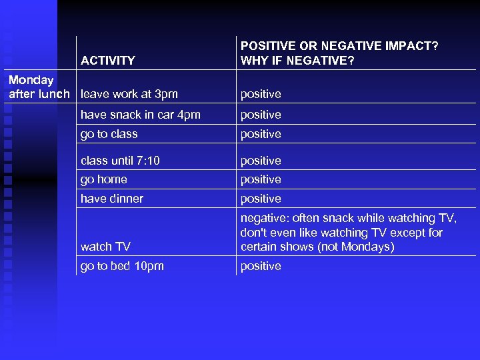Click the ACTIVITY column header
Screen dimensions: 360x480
pyautogui.click(x=107, y=61)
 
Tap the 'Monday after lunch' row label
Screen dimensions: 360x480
pyautogui.click(x=39, y=87)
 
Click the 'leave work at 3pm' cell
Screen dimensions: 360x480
pyautogui.click(x=129, y=94)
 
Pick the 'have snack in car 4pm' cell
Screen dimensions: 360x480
pyautogui.click(x=140, y=115)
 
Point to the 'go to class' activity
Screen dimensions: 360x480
pyautogui.click(x=109, y=134)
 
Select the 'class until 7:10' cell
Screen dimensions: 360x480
pyautogui.click(x=120, y=161)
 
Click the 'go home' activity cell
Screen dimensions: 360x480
pyautogui.click(x=103, y=179)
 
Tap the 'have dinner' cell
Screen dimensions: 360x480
pyautogui.click(x=111, y=199)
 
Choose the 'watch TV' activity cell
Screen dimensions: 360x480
pyautogui.click(x=105, y=247)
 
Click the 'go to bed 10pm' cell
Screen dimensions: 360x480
pyautogui.click(x=122, y=266)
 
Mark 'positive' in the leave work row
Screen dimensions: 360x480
pyautogui.click(x=261, y=94)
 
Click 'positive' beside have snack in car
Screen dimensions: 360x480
pyautogui.click(x=261, y=115)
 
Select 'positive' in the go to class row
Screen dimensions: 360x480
pyautogui.click(x=261, y=134)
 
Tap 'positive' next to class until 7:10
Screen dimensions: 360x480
pyautogui.click(x=261, y=161)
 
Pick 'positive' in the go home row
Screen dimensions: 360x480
pyautogui.click(x=261, y=179)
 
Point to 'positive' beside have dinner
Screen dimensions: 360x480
pyautogui.click(x=261, y=199)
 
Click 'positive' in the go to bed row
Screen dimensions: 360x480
pyautogui.click(x=261, y=266)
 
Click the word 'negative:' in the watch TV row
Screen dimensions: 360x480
pyautogui.click(x=263, y=218)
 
